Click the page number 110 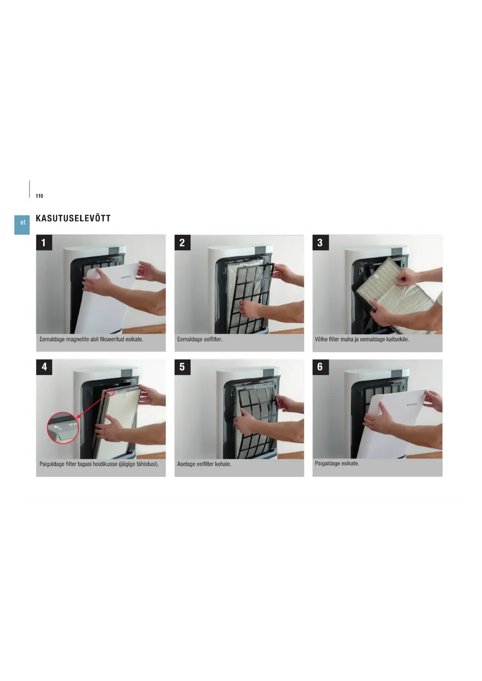point(39,196)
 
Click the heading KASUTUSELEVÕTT point(73,218)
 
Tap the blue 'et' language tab point(22,224)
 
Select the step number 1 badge point(44,243)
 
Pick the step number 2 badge point(182,243)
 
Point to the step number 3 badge point(320,243)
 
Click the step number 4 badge point(44,367)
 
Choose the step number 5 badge point(182,367)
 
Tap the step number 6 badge point(320,367)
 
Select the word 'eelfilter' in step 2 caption point(212,339)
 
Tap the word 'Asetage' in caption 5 point(186,464)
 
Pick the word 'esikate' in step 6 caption point(350,464)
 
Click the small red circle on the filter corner point(110,392)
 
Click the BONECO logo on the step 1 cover point(126,277)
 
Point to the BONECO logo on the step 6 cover point(412,405)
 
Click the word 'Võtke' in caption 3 point(321,339)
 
